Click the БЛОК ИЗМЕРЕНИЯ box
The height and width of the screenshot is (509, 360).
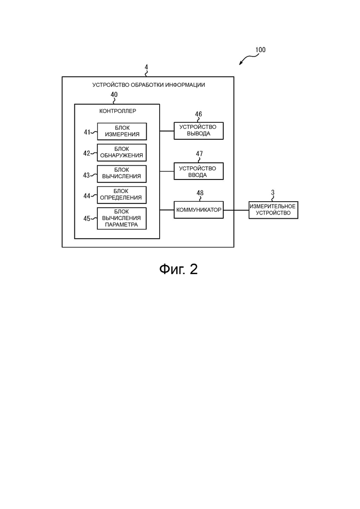(122, 131)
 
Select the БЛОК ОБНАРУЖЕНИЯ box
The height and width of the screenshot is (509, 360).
(122, 152)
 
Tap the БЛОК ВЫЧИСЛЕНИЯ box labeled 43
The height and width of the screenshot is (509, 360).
(122, 174)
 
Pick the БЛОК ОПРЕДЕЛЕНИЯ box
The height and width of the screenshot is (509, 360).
(122, 194)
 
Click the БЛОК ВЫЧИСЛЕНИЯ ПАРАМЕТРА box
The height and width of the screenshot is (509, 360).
(122, 218)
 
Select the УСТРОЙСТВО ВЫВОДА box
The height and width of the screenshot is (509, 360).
(198, 131)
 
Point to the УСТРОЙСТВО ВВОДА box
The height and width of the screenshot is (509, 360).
(198, 171)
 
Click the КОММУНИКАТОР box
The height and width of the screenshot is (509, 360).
(198, 210)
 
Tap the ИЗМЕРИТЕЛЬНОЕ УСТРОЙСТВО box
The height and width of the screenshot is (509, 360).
(273, 210)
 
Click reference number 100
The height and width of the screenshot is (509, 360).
(260, 50)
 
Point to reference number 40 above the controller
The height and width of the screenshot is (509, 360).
(114, 95)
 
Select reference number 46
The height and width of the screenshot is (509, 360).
(198, 114)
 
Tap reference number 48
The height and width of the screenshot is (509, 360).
(200, 193)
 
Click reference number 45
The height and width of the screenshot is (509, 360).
(87, 218)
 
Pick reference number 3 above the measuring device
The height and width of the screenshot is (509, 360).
(273, 193)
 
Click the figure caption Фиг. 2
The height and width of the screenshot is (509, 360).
(179, 269)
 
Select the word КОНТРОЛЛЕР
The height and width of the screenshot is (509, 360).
(118, 111)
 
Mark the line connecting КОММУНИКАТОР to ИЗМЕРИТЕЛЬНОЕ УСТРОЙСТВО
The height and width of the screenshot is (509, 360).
(236, 210)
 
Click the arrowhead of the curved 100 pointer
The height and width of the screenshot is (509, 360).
(240, 64)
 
